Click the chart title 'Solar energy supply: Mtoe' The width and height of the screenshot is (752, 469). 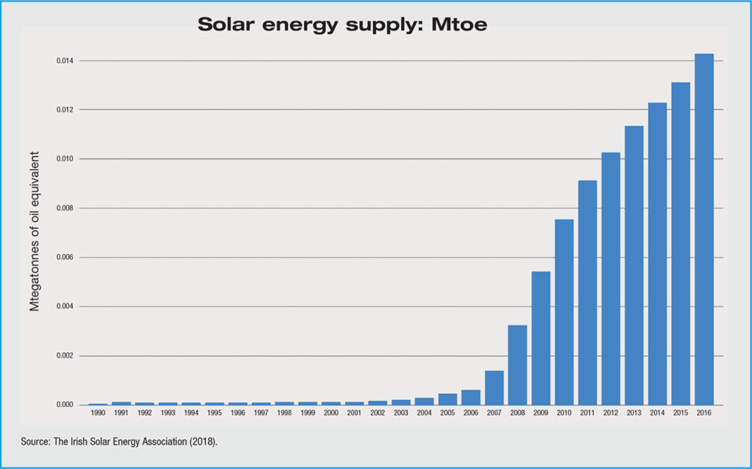(342, 25)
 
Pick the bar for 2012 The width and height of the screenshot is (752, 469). (610, 278)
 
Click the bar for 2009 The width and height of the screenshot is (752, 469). (540, 338)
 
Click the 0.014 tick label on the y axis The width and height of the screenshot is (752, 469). (67, 61)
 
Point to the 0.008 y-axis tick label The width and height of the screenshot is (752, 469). (67, 209)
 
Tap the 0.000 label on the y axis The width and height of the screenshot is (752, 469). (67, 405)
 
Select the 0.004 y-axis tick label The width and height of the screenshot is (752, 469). (67, 307)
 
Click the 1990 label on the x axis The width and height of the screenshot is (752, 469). (98, 413)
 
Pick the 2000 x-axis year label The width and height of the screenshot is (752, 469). (331, 413)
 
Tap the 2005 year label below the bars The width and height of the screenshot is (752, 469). (447, 413)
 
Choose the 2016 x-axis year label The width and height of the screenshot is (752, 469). (703, 413)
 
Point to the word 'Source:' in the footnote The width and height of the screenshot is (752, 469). (37, 443)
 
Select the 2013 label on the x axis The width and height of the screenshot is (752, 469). (634, 413)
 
